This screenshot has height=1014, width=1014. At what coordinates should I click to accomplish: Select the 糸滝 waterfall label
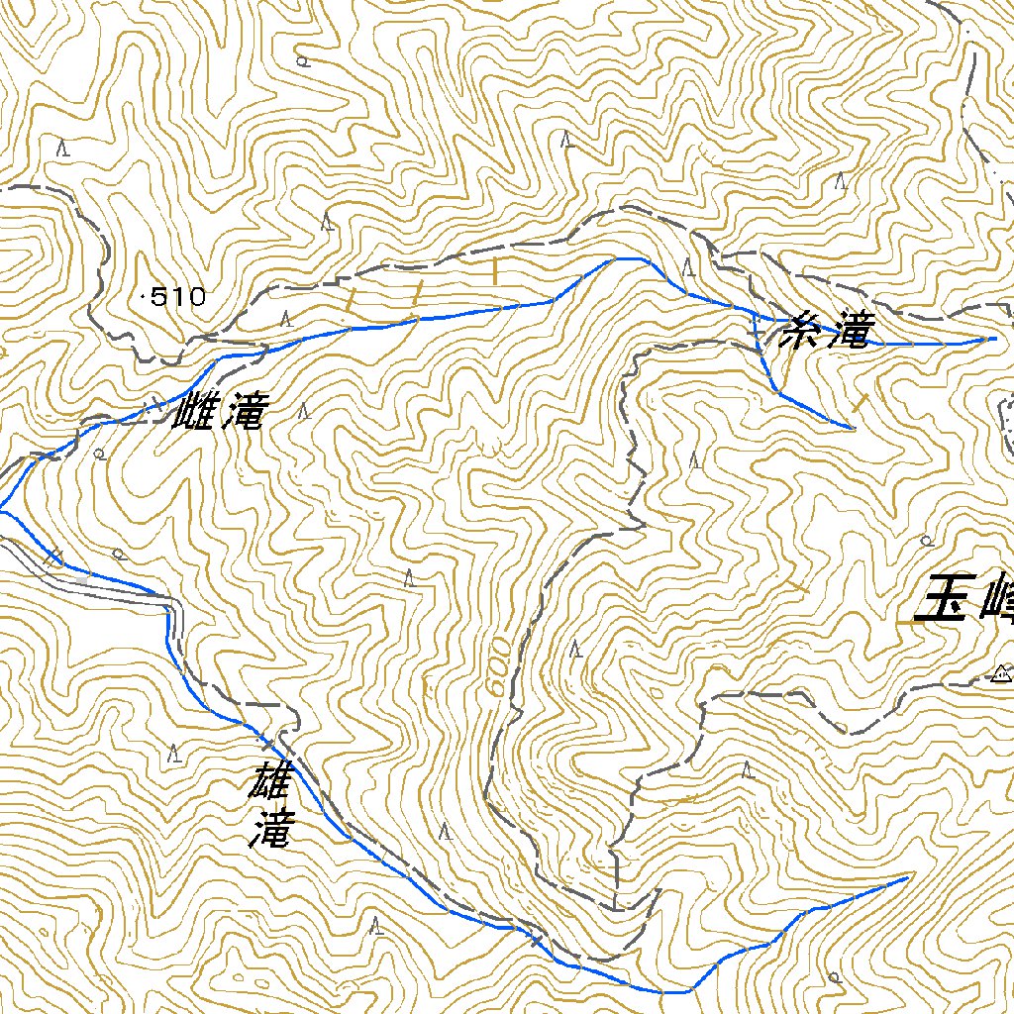click(x=824, y=331)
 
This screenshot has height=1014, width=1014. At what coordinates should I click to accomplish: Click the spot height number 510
click(x=178, y=295)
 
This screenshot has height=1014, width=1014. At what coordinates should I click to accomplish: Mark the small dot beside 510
click(x=145, y=295)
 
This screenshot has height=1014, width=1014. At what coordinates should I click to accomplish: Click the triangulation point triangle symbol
click(x=1001, y=675)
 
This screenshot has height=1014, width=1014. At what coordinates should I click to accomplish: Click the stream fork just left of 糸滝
click(x=757, y=315)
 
